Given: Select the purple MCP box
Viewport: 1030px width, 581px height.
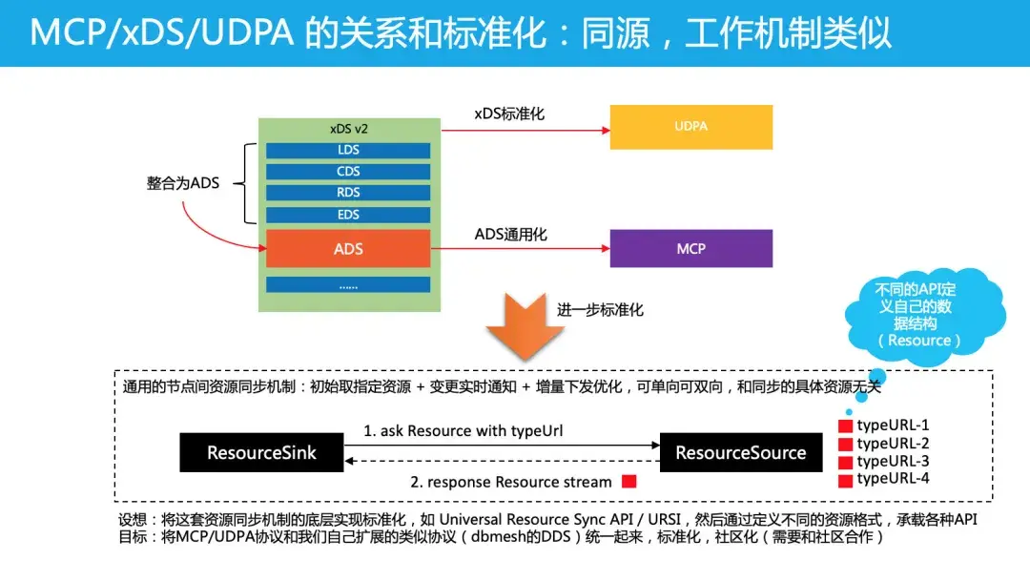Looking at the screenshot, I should [x=690, y=248].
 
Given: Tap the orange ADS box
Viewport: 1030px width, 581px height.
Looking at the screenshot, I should [x=348, y=249].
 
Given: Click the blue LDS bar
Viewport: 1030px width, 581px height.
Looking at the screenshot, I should [x=348, y=151].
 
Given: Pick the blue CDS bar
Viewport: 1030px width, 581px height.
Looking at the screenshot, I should [x=348, y=172].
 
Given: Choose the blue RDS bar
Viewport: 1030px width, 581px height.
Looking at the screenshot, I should [x=348, y=194].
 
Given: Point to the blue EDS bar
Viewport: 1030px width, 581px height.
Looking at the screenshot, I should [x=348, y=215].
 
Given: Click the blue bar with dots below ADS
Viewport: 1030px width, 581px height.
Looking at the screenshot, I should [x=348, y=284].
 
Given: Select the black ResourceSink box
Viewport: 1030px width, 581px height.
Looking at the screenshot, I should [x=261, y=453].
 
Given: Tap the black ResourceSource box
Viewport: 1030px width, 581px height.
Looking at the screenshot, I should [x=740, y=453].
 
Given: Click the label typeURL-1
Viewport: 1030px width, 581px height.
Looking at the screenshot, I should [x=892, y=425].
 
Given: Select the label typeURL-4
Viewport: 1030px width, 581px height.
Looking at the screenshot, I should [x=892, y=479].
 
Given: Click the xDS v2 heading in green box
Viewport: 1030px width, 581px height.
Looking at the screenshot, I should [x=348, y=129].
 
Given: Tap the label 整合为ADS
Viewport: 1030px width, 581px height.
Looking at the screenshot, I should [x=182, y=182].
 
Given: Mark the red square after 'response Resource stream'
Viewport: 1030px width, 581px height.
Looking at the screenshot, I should [x=628, y=482].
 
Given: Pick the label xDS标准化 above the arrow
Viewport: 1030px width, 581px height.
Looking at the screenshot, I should [x=509, y=114].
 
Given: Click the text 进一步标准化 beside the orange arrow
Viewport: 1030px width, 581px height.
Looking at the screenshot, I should [x=600, y=310].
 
